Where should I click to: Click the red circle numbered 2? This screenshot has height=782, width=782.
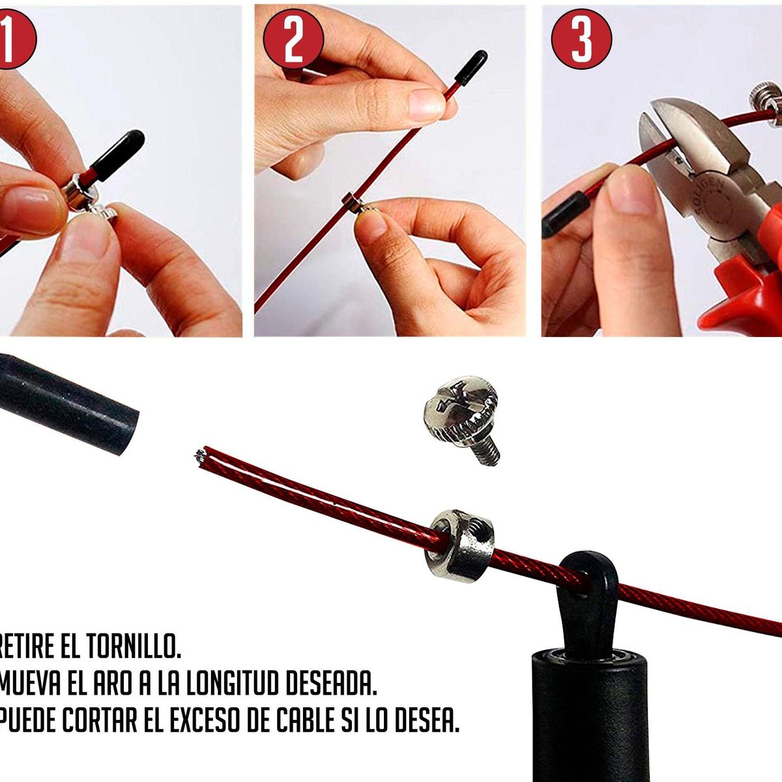(293, 39)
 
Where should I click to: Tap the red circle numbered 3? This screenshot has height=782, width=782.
(581, 39)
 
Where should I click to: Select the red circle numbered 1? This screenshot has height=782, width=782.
(12, 39)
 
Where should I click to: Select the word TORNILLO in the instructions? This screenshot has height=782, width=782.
(134, 645)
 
